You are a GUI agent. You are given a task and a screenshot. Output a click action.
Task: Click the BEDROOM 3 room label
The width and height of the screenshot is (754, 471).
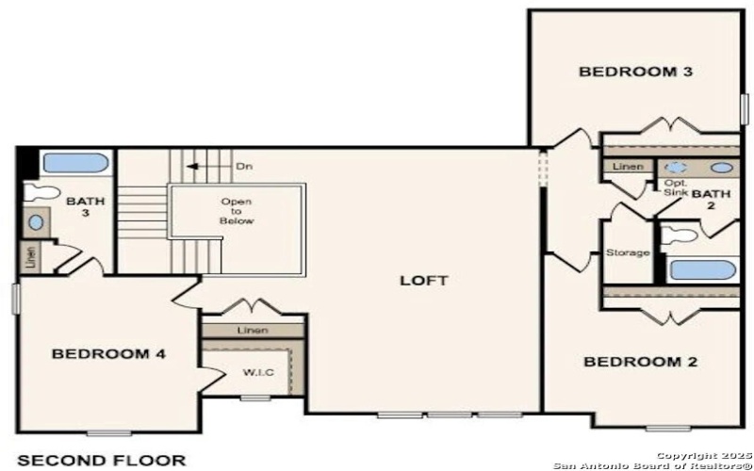click(628, 72)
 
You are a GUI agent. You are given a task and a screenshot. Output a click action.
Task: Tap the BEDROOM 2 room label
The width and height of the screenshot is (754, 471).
click(632, 362)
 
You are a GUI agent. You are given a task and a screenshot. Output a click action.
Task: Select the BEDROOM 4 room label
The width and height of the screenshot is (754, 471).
click(108, 354)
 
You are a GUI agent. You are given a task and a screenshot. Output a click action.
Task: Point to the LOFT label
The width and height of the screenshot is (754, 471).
click(423, 281)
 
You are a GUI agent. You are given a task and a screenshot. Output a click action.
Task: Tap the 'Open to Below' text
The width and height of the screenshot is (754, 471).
click(238, 211)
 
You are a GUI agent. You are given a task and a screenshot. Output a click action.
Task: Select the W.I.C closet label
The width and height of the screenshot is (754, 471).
click(258, 373)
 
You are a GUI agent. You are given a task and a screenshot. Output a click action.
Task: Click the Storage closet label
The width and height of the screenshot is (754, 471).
click(627, 253)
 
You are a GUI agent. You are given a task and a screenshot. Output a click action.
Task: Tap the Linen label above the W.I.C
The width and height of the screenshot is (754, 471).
click(253, 331)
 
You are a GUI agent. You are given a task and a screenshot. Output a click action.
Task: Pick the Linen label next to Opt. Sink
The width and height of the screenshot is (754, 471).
click(628, 168)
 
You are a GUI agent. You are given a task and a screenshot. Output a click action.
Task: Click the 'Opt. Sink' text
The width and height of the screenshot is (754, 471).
click(676, 187)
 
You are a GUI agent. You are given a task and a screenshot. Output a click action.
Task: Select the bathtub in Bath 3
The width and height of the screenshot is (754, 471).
click(75, 162)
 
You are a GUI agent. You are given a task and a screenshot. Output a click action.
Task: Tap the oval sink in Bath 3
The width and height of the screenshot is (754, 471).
click(35, 223)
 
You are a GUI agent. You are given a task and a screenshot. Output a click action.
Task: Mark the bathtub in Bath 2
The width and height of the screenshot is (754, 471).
click(701, 270)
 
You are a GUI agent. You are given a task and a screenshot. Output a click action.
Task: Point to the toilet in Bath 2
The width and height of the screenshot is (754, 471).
click(678, 236)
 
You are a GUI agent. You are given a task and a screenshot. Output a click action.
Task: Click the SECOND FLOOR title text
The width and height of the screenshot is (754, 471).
click(102, 460)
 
